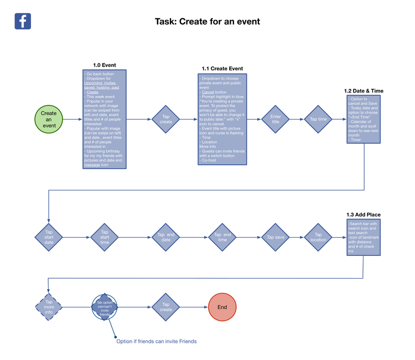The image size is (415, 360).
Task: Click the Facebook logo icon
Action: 23,21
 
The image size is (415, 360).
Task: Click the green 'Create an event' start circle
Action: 49,119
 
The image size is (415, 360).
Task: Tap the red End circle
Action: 222,307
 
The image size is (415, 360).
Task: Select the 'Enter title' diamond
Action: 276,119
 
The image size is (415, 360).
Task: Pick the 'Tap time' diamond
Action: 318,119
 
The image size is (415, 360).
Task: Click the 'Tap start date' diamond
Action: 49,237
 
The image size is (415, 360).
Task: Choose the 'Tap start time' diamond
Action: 104,237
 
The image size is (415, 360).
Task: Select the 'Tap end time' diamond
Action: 222,237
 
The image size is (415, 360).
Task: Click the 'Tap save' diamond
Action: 276,237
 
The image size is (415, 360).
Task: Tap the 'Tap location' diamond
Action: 318,237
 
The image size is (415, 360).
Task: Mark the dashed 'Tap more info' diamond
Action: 49,306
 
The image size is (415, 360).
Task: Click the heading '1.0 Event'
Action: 104,65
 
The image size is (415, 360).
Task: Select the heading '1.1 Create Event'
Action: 222,69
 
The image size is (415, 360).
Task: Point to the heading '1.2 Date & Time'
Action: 364,91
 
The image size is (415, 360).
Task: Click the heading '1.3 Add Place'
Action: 364,214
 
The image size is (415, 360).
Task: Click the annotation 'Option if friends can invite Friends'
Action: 156,341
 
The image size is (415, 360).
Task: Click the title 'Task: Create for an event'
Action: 207,22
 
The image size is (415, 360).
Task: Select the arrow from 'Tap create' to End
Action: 194,307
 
